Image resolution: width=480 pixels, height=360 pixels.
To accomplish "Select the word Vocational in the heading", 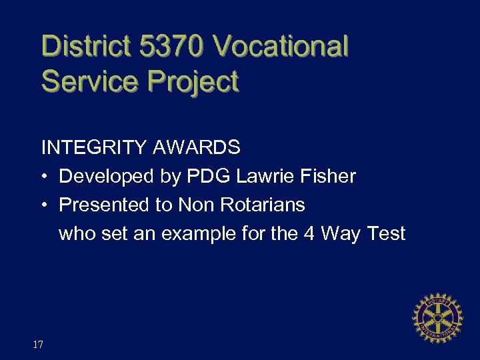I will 281,47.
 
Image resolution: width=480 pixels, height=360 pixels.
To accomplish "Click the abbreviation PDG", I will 203,177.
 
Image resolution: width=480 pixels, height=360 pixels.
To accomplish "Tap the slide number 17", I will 38,345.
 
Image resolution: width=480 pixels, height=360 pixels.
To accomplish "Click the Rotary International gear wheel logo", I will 438,317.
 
